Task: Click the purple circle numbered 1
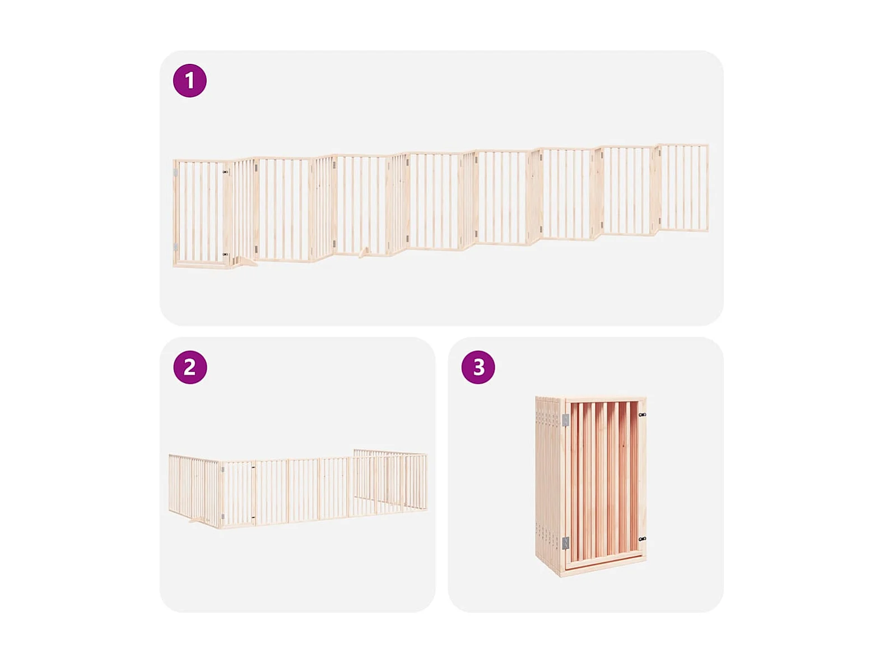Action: [189, 81]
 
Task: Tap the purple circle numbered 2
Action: [190, 367]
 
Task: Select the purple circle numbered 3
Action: [478, 367]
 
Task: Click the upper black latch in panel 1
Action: [225, 172]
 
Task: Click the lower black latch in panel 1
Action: [225, 254]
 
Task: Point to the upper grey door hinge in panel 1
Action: [175, 173]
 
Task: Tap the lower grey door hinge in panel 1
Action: [175, 247]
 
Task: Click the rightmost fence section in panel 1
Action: [682, 188]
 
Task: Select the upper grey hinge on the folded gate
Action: [566, 420]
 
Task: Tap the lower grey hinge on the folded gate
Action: [566, 544]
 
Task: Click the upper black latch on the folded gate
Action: [642, 415]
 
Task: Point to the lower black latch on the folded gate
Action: [642, 539]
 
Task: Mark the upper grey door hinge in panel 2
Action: [223, 469]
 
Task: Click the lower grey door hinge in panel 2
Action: [223, 516]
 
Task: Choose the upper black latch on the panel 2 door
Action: [253, 467]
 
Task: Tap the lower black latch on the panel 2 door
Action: [253, 518]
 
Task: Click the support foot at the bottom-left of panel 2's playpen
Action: [197, 521]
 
